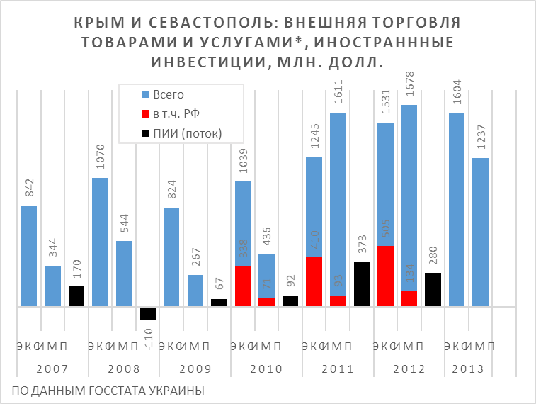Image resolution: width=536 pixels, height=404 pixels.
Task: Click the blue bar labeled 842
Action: (29, 256)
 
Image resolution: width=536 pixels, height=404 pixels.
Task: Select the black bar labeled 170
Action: (76, 296)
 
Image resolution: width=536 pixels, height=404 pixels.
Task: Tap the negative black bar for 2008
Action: (148, 313)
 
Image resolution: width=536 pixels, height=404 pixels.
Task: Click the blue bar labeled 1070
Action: (101, 242)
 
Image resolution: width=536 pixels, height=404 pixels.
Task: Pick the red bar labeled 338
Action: (243, 286)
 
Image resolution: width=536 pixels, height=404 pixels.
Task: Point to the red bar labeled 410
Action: (314, 281)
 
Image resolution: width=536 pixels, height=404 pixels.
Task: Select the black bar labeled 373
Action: (362, 284)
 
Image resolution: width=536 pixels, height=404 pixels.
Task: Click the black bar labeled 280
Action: (433, 289)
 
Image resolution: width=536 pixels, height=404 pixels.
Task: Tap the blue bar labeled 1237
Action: (480, 232)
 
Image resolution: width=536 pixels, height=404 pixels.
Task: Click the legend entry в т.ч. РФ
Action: (178, 113)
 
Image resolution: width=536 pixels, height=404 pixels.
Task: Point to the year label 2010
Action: (266, 369)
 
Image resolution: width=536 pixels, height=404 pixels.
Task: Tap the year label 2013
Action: (467, 369)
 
